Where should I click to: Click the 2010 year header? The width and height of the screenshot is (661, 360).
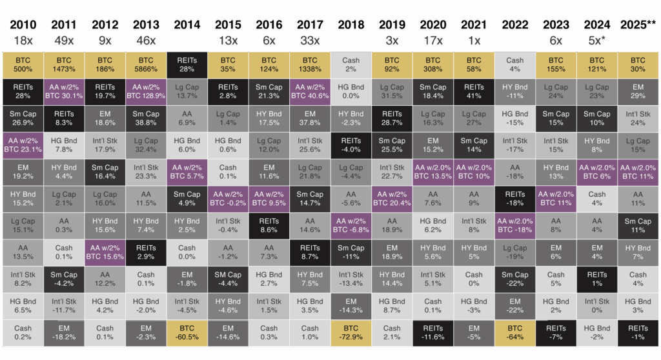[23, 25]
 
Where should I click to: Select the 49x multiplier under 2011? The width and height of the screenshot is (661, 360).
[63, 40]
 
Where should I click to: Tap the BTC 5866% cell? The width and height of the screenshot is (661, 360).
[146, 65]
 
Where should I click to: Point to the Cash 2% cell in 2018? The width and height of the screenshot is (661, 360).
[351, 65]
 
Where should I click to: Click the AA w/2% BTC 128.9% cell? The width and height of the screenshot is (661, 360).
[146, 92]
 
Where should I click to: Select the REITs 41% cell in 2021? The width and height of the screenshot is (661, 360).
[474, 92]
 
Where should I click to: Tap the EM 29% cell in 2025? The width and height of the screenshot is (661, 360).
[638, 92]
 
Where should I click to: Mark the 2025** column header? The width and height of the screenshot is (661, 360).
[638, 25]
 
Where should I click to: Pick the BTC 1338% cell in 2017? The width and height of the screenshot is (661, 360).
[310, 65]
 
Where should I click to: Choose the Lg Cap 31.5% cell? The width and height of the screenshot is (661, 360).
[392, 92]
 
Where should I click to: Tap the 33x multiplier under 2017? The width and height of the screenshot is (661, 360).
[310, 40]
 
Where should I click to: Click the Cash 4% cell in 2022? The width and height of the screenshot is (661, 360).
[515, 65]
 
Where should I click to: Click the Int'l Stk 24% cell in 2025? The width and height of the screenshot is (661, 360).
[638, 119]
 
